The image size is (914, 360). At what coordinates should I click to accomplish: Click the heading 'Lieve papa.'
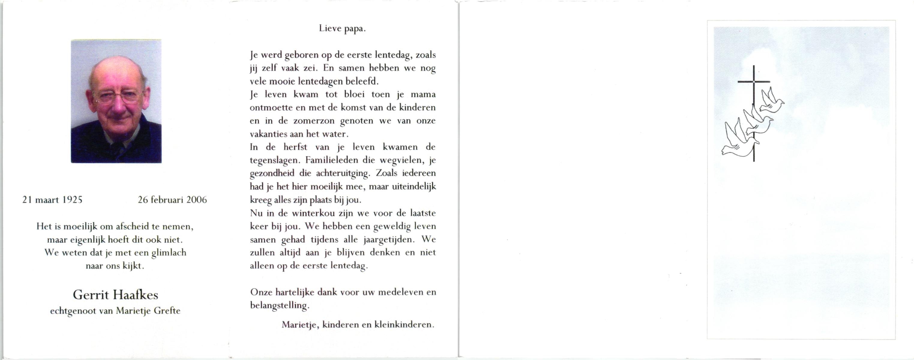342,28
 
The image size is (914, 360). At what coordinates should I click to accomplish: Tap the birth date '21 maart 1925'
52,200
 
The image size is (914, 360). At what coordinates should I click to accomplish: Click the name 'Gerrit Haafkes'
115,295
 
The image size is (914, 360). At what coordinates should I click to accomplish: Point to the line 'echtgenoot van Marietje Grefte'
115,311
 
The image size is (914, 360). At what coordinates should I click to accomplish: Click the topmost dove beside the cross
773,101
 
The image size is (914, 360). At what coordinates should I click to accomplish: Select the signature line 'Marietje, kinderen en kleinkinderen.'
358,325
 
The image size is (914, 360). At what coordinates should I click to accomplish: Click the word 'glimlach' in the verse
169,253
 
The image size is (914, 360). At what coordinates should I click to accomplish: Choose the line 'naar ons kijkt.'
115,266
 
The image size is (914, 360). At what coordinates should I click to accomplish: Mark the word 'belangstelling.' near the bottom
280,305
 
